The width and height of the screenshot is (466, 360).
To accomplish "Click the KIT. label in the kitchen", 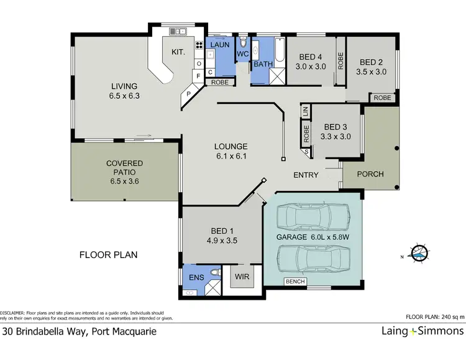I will coord(178,53).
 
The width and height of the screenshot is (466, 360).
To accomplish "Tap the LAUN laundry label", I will coord(221,45).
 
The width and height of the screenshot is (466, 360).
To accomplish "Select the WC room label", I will coord(242,55).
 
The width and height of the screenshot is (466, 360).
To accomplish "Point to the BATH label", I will coord(263,64).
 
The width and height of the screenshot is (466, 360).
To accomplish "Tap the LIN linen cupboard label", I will coord(305,112).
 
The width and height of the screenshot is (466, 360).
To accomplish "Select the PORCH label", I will coord(371,174).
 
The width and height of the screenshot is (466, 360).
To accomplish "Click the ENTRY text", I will coord(306,175).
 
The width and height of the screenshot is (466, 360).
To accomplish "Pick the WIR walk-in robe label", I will coord(242,277).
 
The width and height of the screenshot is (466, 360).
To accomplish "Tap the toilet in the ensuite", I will coord(214,272).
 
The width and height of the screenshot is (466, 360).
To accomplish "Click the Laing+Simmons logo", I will coord(422,331).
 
